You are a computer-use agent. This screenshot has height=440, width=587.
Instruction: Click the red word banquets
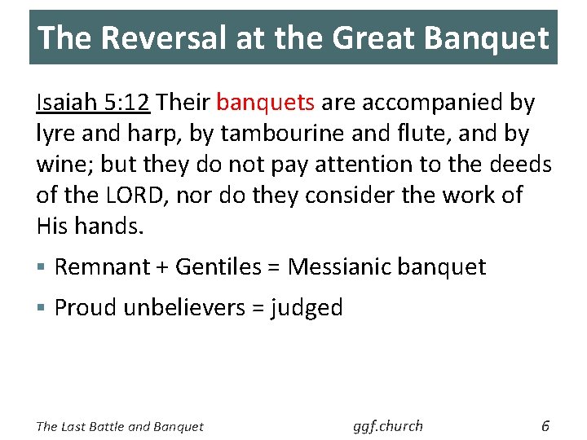coord(265,103)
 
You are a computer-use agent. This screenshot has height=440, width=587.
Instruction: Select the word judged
coord(307,308)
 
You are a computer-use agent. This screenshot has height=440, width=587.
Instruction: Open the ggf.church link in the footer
coord(388,425)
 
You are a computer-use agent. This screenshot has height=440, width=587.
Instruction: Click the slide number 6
coord(545,425)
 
